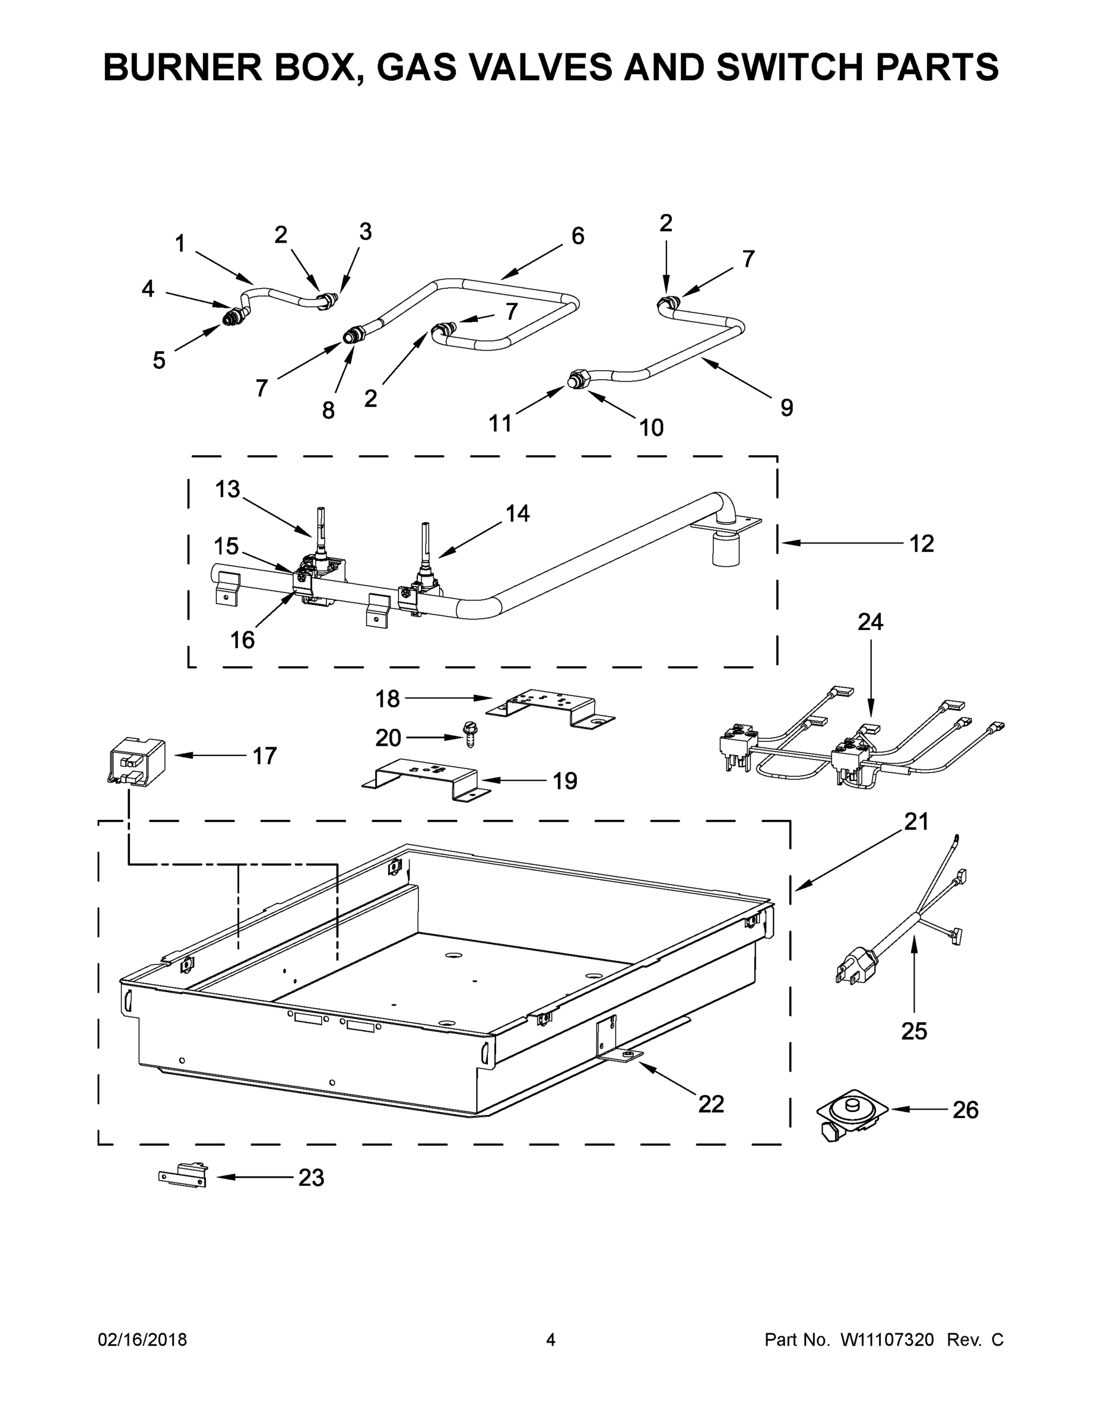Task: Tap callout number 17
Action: (x=264, y=756)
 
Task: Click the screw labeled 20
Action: (x=468, y=735)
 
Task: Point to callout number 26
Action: (x=965, y=1110)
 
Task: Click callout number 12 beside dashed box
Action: (x=922, y=543)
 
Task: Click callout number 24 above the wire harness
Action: (x=870, y=622)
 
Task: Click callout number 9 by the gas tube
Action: (x=786, y=408)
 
